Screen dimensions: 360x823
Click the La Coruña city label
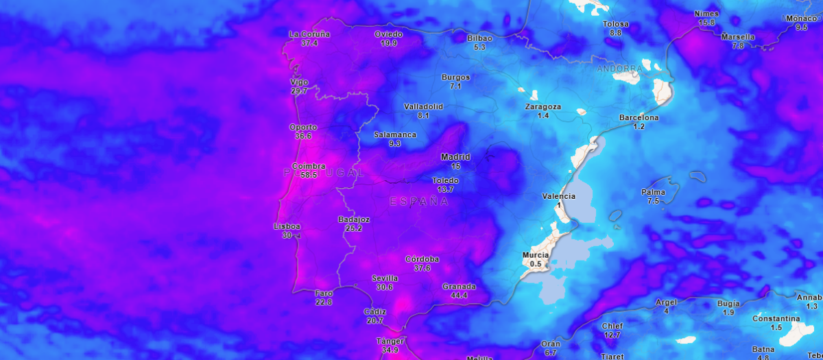click(x=309, y=34)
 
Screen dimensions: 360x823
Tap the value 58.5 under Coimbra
click(x=309, y=175)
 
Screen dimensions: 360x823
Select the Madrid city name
click(x=455, y=157)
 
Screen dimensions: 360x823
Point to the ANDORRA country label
click(x=620, y=69)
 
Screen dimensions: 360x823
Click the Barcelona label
click(x=639, y=117)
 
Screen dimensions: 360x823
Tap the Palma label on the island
click(x=653, y=192)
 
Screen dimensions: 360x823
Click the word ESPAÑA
click(x=418, y=202)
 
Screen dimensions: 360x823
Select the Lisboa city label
click(x=287, y=226)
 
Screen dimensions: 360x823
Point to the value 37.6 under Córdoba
click(x=422, y=268)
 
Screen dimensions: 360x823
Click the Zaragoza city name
click(x=542, y=106)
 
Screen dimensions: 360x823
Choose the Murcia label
click(x=536, y=255)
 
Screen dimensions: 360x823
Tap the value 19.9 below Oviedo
click(x=389, y=43)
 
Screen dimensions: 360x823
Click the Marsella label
click(x=738, y=37)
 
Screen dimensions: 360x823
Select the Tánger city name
click(x=390, y=341)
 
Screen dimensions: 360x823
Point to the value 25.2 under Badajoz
click(x=354, y=228)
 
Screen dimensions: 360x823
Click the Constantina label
click(x=776, y=319)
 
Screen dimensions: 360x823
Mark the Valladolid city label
click(x=423, y=106)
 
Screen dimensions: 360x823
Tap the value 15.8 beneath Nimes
click(x=706, y=23)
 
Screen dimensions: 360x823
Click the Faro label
click(x=324, y=293)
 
